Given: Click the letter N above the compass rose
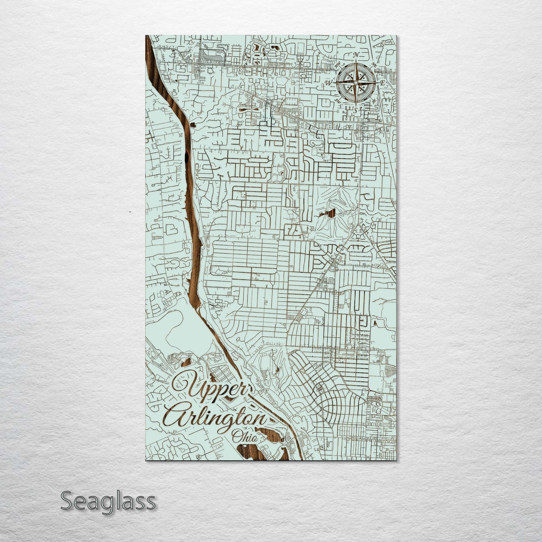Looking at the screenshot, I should tap(355, 56).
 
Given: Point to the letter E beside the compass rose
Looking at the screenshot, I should tap(382, 83).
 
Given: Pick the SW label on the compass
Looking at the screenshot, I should tap(337, 101).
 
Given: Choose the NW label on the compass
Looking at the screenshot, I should tap(337, 66).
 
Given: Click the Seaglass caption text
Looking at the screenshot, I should tap(108, 501).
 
